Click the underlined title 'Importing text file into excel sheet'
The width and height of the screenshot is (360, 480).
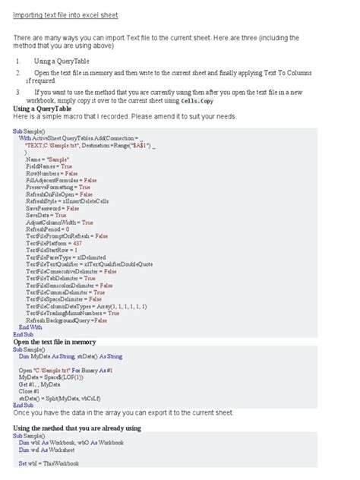65,15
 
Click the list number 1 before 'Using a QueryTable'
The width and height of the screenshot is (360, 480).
17,60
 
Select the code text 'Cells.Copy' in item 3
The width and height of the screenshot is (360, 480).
197,100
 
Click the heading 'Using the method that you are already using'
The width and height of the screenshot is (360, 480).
89,428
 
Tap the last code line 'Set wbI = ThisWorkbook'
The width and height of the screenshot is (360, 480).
53,463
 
